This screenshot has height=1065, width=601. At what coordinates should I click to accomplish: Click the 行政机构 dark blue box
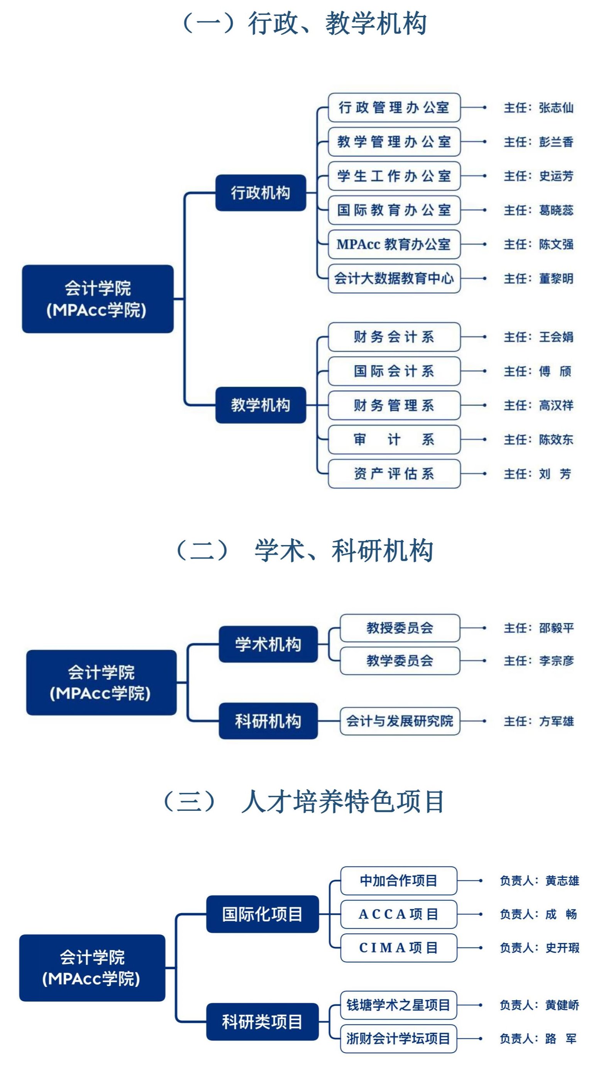coord(261,193)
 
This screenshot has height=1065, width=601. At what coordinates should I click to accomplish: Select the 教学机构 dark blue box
coord(261,405)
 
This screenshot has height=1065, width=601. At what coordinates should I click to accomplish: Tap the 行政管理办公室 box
coord(394,107)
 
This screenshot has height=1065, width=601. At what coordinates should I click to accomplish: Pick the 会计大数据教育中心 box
coord(394,278)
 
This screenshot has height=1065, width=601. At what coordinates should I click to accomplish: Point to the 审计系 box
coord(394,439)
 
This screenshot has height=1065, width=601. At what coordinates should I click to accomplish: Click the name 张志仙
coord(556,108)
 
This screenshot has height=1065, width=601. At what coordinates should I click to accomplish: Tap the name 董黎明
coord(556,279)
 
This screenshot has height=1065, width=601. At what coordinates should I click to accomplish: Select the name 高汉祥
coord(556,405)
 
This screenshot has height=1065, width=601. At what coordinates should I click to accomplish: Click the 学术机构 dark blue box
coord(268,644)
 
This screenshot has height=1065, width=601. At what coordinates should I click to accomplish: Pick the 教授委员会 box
coord(400,628)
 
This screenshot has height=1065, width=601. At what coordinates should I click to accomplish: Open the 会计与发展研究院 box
coord(400,721)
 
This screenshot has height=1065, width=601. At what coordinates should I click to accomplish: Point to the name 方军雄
coord(556,722)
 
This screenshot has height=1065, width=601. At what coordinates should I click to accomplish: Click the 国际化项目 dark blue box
coord(262,914)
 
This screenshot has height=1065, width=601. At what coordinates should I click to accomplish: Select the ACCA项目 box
coord(399,914)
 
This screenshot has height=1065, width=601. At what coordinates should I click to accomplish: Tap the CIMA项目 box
coord(399,948)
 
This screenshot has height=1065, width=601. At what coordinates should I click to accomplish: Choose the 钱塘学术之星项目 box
coord(399,1005)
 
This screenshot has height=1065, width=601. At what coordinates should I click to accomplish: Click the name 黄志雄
coord(562,881)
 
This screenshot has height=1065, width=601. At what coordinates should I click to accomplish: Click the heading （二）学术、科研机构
coord(305,551)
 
